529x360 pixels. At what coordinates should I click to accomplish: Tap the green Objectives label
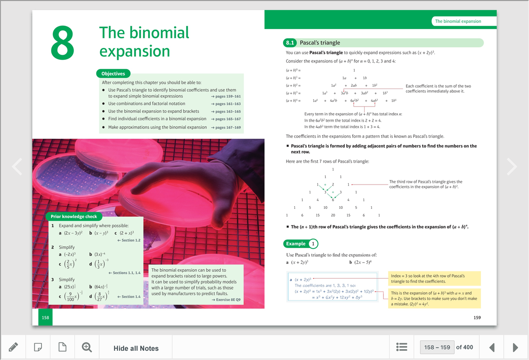coord(113,74)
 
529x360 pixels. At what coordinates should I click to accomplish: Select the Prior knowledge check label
coord(73,216)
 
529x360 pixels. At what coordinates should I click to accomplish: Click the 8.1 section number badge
coord(290,43)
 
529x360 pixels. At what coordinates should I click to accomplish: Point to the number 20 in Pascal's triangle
coord(333,215)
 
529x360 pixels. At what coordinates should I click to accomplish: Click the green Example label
coord(296,244)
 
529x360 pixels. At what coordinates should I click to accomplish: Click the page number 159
coord(477,317)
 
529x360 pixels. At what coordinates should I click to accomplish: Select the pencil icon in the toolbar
coord(13,348)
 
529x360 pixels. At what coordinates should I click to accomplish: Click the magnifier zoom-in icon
coord(87,348)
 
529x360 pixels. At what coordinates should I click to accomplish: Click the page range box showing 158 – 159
coord(437,347)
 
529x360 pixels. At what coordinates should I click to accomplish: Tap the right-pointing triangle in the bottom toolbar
coord(515,348)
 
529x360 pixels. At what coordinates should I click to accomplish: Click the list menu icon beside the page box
coord(401,348)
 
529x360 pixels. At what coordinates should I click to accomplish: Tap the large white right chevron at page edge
coord(512,166)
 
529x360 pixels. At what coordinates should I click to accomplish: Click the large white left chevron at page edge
coord(17,166)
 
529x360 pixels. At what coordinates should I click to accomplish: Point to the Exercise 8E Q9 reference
coord(226,300)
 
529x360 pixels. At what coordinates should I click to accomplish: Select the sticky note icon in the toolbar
coord(38,348)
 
